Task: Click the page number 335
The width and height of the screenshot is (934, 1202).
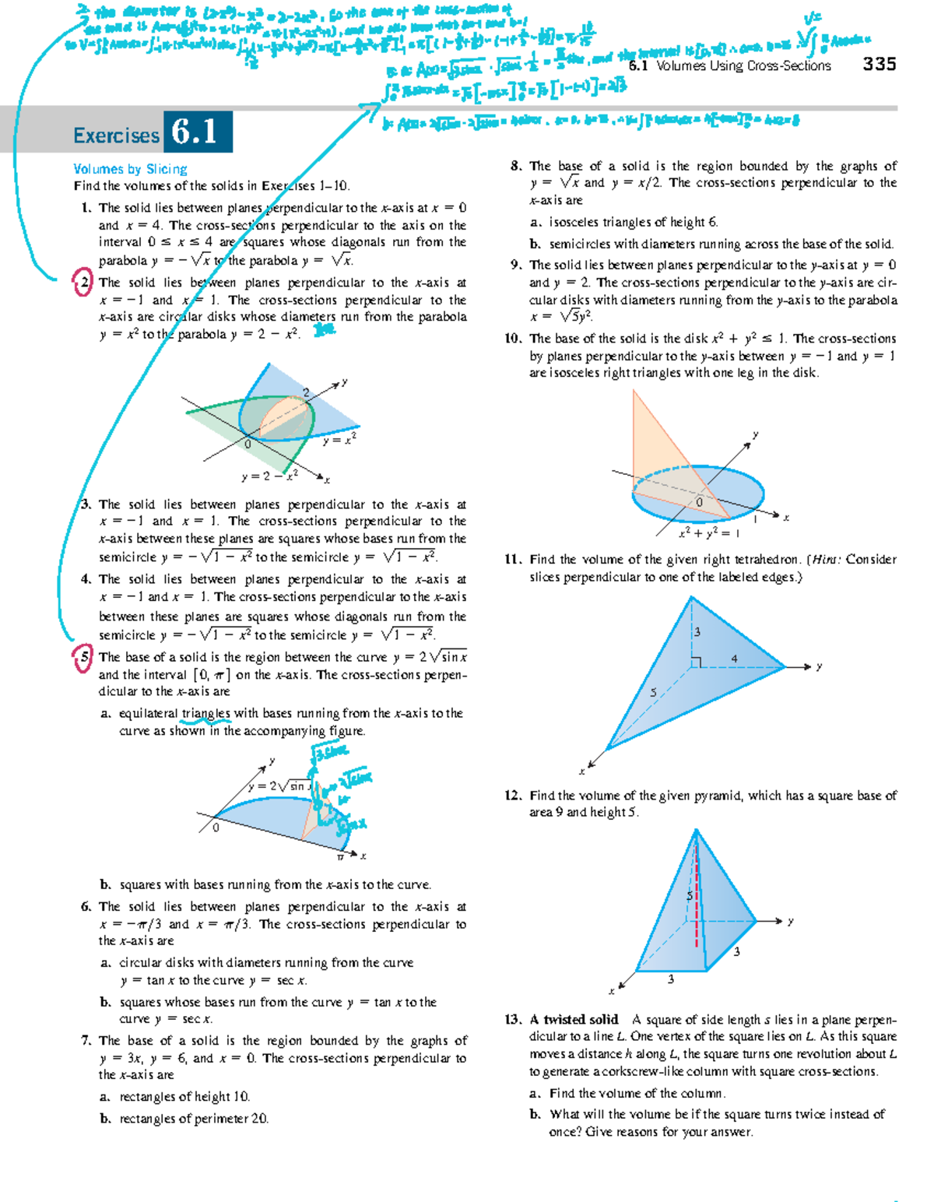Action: click(x=880, y=65)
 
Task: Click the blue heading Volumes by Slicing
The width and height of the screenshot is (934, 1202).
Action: click(x=130, y=169)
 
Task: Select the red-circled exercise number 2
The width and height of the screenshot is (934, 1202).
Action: click(x=83, y=283)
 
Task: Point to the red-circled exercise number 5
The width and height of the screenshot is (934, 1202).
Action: click(x=83, y=657)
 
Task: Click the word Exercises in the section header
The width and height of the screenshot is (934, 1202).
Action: click(x=116, y=135)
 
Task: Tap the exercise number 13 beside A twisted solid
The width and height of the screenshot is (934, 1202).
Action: click(x=512, y=1019)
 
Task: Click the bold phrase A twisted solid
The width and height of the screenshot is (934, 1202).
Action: click(x=574, y=1019)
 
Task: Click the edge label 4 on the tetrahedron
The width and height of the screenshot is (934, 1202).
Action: click(x=734, y=659)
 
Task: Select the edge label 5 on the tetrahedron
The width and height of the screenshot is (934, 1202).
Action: click(x=653, y=692)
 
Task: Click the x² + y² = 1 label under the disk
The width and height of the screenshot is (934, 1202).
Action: click(x=708, y=533)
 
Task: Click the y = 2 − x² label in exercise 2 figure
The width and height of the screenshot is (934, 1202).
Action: click(x=269, y=476)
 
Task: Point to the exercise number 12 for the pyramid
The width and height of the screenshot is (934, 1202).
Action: click(x=512, y=795)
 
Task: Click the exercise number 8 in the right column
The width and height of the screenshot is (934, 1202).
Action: click(x=515, y=166)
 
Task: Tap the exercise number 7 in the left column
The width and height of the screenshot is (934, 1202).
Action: click(x=86, y=1040)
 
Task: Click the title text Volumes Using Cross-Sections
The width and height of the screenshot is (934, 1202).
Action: click(x=743, y=66)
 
